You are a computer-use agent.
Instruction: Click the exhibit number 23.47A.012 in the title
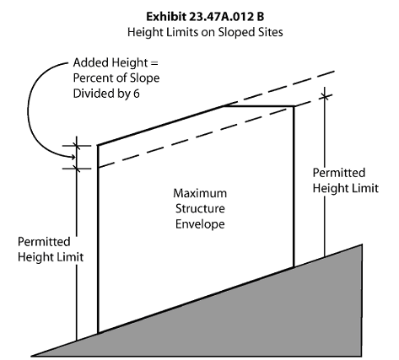[221, 17]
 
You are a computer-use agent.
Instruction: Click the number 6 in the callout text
[137, 94]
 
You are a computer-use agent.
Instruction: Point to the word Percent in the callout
[93, 78]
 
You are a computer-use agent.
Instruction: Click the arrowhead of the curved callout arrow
[73, 156]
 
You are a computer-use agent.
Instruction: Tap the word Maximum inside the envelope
[200, 193]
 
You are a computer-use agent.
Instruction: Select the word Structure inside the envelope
[200, 209]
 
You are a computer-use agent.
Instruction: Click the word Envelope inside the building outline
[200, 224]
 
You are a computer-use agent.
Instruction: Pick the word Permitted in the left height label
[44, 242]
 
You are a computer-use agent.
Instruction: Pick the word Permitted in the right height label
[339, 173]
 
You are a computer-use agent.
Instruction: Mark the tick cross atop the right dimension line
[325, 97]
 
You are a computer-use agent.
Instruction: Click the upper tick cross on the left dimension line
[77, 146]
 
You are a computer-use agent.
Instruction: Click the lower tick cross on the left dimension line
[77, 169]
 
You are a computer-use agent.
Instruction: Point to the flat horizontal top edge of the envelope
[259, 106]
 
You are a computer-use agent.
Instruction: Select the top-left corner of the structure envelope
[98, 145]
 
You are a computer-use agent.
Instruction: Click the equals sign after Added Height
[154, 63]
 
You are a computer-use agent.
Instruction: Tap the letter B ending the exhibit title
[260, 17]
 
